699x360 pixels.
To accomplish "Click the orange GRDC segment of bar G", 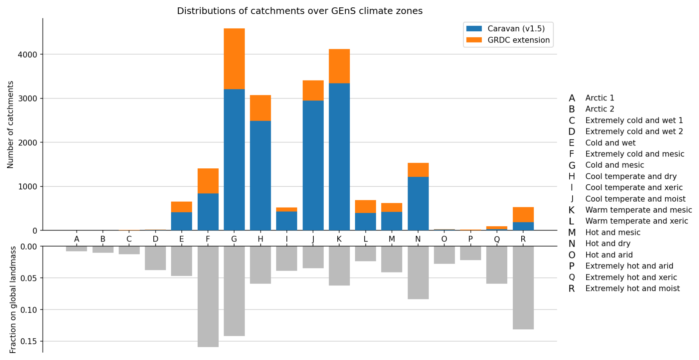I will click(234, 59).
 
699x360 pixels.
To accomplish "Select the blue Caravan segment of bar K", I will click(339, 157).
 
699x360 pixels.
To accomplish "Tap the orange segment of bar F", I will click(208, 181).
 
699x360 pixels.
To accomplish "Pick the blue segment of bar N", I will click(418, 203).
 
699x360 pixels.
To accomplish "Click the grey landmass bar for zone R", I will click(523, 288).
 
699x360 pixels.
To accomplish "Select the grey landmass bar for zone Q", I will click(497, 265).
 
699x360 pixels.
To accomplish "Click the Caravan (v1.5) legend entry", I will click(516, 29).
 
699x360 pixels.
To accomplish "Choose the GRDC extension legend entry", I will click(518, 40).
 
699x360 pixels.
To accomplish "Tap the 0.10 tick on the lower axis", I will click(30, 309).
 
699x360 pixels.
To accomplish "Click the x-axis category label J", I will click(313, 239).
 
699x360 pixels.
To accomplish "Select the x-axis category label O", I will click(444, 239).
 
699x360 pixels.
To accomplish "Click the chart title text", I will click(300, 11).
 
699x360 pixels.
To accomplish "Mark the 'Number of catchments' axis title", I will click(10, 124).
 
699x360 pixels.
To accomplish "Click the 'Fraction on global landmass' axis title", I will click(13, 299).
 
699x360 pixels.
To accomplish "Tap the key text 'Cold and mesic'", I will click(614, 165).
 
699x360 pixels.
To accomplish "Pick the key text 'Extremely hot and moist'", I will click(632, 288).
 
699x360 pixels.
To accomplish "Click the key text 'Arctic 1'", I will click(600, 98).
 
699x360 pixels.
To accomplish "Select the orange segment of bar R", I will click(523, 215).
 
